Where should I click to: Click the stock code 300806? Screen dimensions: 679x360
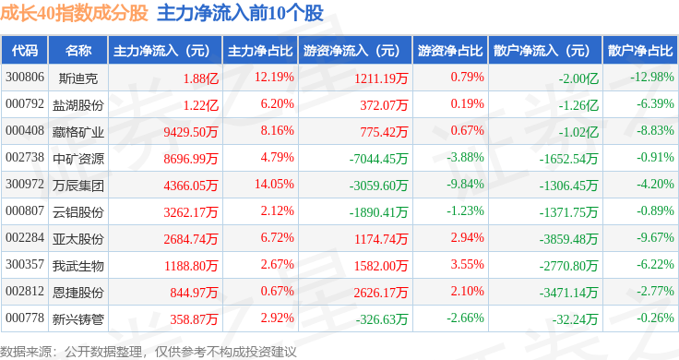25,78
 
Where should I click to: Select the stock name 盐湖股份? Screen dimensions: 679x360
77,105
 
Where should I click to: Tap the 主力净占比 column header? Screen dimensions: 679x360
260,51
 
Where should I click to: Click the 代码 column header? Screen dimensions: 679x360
25,51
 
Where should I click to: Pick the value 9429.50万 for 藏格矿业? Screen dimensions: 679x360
191,132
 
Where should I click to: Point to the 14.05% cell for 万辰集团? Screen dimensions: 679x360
274,184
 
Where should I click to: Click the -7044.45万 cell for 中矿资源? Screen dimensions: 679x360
378,159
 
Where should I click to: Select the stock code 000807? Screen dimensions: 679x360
25,211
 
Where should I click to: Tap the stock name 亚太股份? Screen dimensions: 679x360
77,239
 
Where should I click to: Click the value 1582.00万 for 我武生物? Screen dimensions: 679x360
381,266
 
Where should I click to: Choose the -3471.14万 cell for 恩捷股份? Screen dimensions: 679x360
568,293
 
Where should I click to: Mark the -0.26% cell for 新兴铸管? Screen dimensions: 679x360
655,318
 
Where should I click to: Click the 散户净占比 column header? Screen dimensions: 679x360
640,51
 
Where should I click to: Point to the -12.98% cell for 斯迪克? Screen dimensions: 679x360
652,78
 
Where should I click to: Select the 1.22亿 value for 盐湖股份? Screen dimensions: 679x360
201,105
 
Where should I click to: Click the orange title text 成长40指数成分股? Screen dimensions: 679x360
74,14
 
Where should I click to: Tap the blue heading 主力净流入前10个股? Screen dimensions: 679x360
241,14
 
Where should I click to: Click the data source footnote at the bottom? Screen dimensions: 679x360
149,352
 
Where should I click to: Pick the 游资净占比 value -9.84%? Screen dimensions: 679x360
465,184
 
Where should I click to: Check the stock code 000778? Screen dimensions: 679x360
25,318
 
